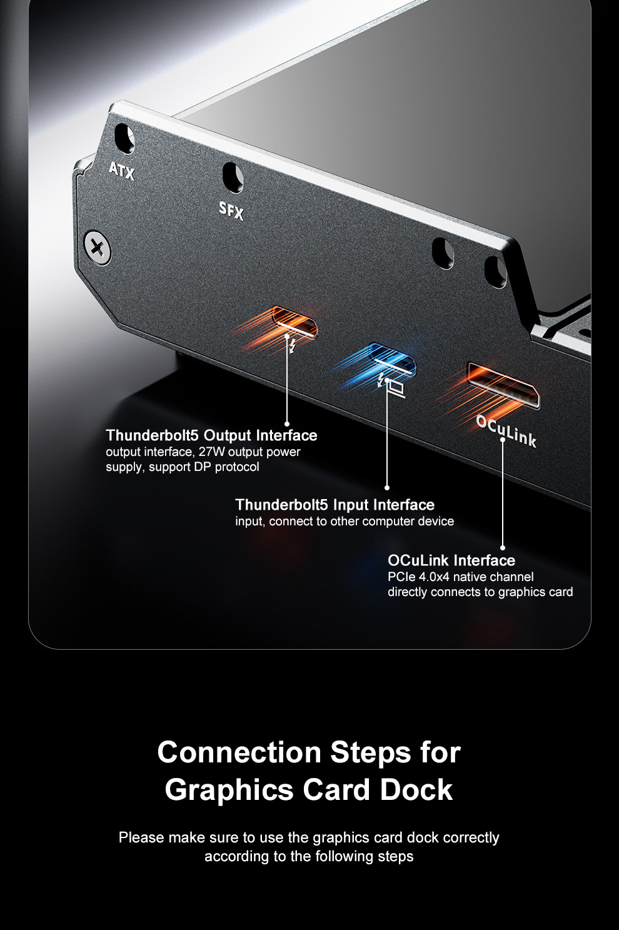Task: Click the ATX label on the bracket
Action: pyautogui.click(x=122, y=170)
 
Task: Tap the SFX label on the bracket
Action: pyautogui.click(x=231, y=211)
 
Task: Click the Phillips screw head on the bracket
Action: pyautogui.click(x=98, y=248)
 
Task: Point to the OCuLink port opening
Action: pyautogui.click(x=504, y=385)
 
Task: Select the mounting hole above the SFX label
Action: pyautogui.click(x=233, y=177)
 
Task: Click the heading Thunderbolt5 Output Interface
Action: pyautogui.click(x=211, y=435)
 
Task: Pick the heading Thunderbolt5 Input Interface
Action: pyautogui.click(x=335, y=505)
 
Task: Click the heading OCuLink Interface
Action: pyautogui.click(x=451, y=560)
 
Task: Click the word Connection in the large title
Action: pyautogui.click(x=239, y=752)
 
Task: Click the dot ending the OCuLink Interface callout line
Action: pyautogui.click(x=502, y=548)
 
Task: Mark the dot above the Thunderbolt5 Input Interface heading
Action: pyautogui.click(x=387, y=488)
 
